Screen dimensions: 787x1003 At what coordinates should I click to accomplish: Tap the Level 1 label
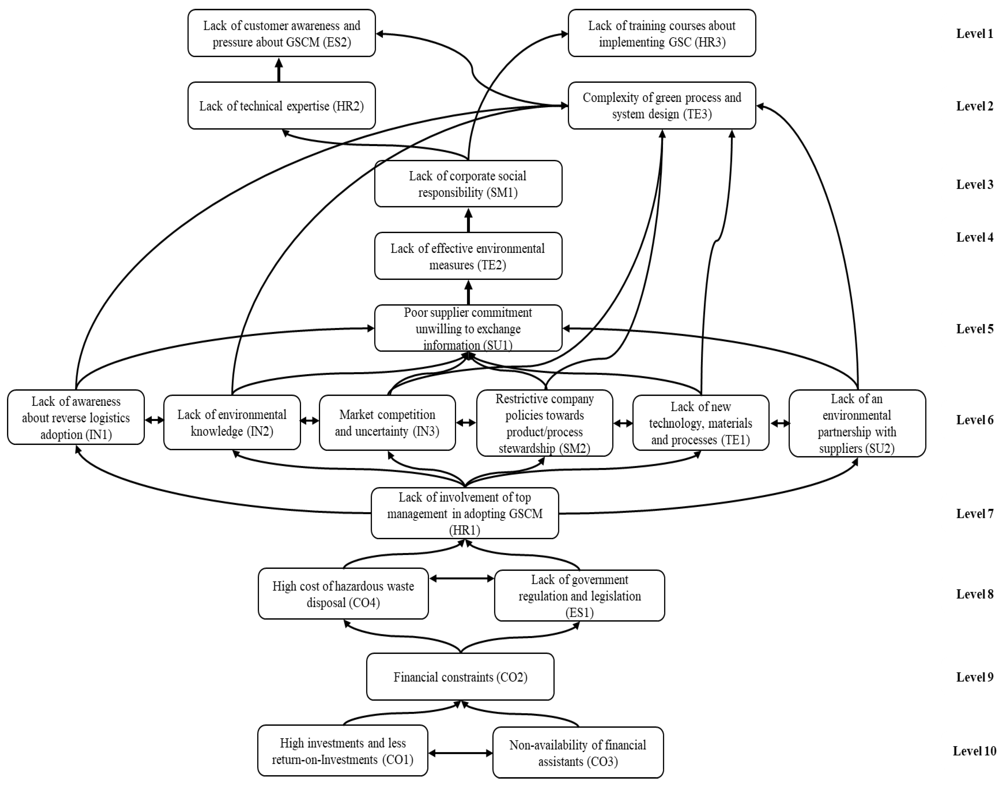click(x=975, y=34)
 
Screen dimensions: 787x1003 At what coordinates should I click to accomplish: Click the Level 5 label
click(x=975, y=329)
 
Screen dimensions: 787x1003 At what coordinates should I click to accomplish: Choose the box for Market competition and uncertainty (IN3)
click(x=387, y=423)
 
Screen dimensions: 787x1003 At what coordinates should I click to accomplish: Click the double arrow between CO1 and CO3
click(x=460, y=753)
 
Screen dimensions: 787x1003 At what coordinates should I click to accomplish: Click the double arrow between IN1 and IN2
click(x=154, y=420)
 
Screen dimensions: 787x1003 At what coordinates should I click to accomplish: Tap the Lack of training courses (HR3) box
click(x=662, y=33)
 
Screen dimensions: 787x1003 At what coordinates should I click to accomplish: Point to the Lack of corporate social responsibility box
click(x=468, y=184)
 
